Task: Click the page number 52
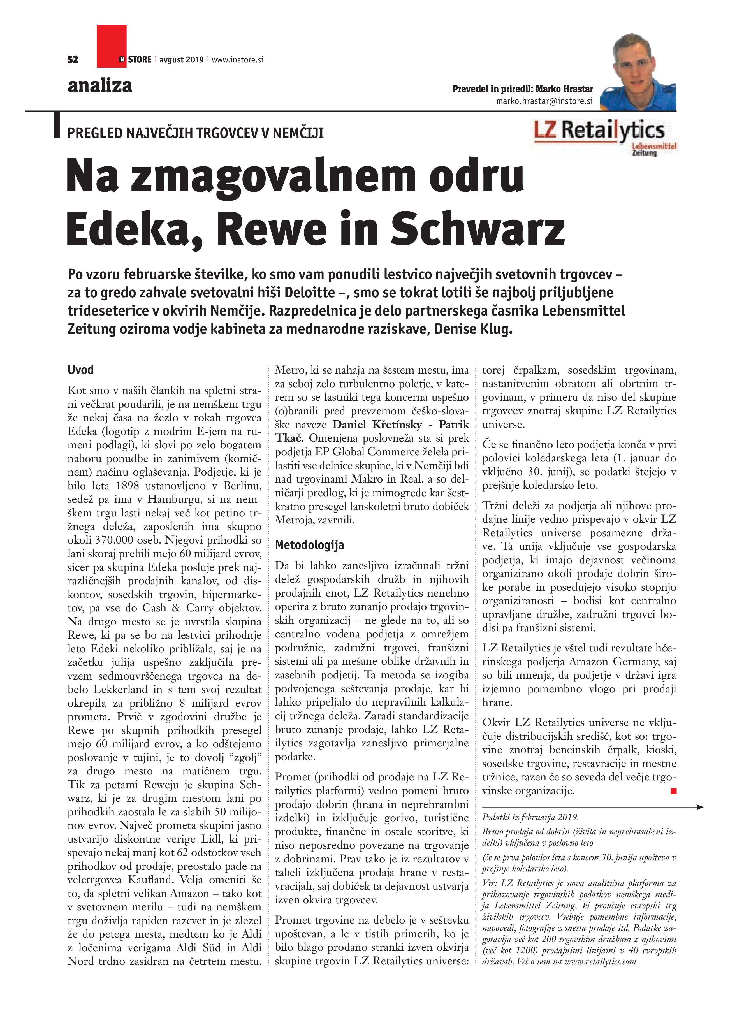(x=73, y=60)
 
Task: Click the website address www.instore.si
(x=238, y=60)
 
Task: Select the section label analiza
(x=100, y=85)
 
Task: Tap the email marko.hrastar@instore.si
(x=544, y=101)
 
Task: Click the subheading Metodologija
(x=309, y=545)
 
